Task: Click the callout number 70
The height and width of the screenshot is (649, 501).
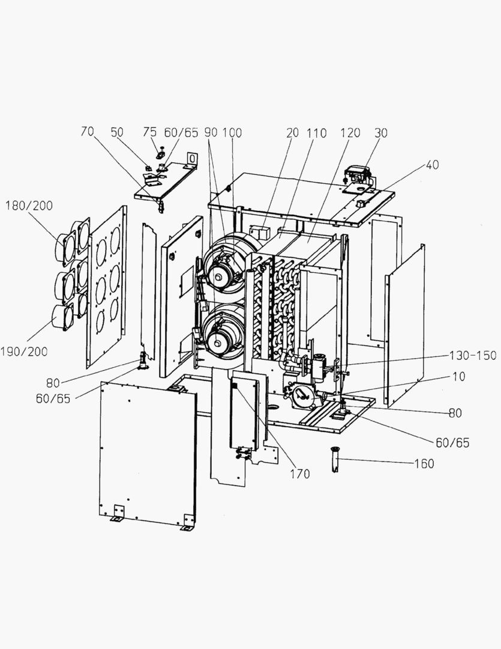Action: (88, 132)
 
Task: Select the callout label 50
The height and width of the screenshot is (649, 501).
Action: (117, 132)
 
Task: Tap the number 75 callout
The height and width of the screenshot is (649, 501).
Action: (149, 132)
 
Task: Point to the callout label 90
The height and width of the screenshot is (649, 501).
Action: (210, 132)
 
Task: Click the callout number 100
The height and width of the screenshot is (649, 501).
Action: (232, 132)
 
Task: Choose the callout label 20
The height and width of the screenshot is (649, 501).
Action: (292, 133)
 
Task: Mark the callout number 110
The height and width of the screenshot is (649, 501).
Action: (317, 133)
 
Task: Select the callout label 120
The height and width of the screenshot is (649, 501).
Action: (350, 133)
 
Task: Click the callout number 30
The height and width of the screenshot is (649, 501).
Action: (382, 133)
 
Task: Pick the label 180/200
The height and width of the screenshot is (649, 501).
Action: (29, 206)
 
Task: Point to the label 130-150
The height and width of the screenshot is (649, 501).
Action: (473, 355)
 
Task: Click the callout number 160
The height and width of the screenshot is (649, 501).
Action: (424, 464)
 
